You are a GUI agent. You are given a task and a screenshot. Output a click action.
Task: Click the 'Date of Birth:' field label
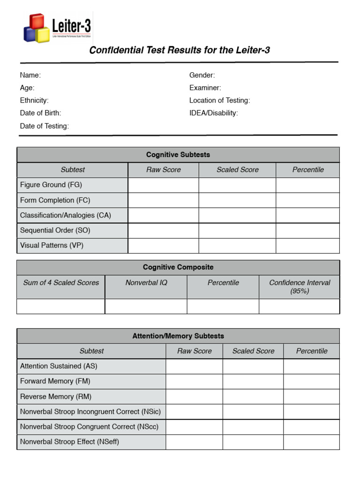pyautogui.click(x=40, y=113)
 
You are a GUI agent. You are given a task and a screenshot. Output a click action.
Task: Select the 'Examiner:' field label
pyautogui.click(x=205, y=88)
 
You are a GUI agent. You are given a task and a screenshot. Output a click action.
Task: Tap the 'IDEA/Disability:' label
pyautogui.click(x=213, y=113)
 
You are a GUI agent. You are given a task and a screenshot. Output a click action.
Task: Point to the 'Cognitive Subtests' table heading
pyautogui.click(x=178, y=155)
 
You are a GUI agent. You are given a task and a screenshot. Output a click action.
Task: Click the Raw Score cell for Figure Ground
pyautogui.click(x=163, y=185)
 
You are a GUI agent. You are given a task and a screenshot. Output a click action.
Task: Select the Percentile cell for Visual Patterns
pyautogui.click(x=307, y=246)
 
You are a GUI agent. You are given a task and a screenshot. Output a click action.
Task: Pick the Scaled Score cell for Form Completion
pyautogui.click(x=237, y=200)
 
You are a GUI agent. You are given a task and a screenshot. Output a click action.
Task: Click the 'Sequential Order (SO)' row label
pyautogui.click(x=55, y=230)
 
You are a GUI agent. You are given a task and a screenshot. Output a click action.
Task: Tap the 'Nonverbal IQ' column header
pyautogui.click(x=146, y=283)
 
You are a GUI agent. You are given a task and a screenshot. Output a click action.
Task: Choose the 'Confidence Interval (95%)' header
pyautogui.click(x=300, y=286)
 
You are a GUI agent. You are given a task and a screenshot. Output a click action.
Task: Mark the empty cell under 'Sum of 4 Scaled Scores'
pyautogui.click(x=61, y=307)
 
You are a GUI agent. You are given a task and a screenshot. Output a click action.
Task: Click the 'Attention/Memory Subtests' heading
pyautogui.click(x=178, y=336)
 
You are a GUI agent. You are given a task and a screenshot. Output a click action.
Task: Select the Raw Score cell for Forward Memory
pyautogui.click(x=194, y=382)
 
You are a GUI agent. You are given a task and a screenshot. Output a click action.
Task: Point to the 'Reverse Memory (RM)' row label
pyautogui.click(x=56, y=397)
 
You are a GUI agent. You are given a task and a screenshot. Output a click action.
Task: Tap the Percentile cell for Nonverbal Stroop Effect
pyautogui.click(x=311, y=442)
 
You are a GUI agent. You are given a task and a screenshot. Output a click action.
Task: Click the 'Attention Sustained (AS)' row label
pyautogui.click(x=59, y=366)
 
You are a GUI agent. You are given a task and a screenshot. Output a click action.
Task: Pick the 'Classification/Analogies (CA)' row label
pyautogui.click(x=66, y=215)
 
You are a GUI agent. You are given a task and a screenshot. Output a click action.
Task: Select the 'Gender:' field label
pyautogui.click(x=202, y=75)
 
